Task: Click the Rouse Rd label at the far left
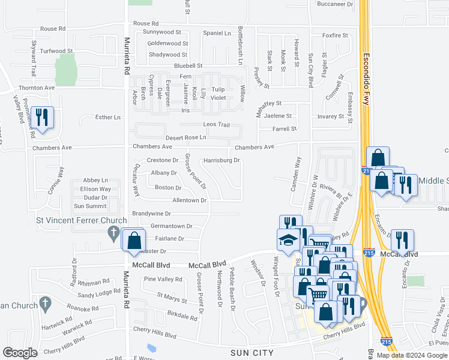point(53,29)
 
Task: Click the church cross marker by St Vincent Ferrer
point(112,232)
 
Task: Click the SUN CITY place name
point(252,353)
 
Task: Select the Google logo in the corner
point(20,353)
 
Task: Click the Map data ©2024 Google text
point(412,355)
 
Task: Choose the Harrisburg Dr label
point(221,161)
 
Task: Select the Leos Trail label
point(217,124)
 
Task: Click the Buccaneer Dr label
point(335,4)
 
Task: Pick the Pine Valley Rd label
point(163,279)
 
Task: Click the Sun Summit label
point(90,206)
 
